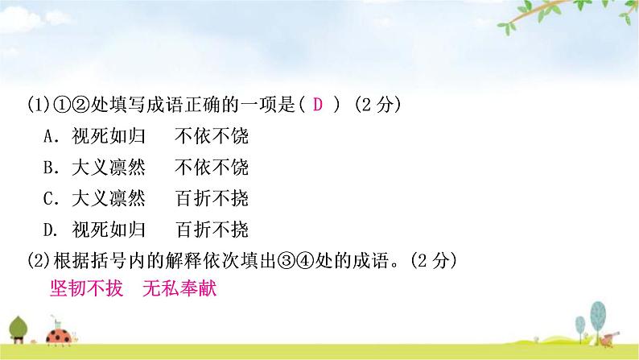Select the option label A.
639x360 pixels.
click(50, 137)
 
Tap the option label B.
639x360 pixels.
click(50, 168)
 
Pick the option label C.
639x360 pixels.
click(50, 198)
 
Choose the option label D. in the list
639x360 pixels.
click(51, 229)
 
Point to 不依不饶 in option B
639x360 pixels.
click(211, 168)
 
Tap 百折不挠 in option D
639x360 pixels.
click(211, 229)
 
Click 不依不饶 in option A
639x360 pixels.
click(211, 137)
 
